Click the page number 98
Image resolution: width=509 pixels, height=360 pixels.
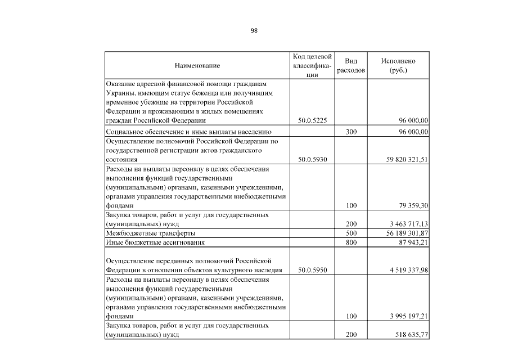pos(254,30)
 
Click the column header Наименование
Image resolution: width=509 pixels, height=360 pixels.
pos(197,66)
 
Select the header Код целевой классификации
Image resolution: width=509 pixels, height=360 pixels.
pos(313,66)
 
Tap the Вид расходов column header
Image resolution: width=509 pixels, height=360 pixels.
pos(352,66)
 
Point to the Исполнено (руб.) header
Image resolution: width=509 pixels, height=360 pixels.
pos(398,66)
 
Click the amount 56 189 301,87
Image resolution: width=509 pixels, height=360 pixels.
pos(402,233)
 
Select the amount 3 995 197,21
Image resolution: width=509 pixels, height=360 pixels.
pos(406,316)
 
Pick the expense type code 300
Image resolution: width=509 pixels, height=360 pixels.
pos(352,132)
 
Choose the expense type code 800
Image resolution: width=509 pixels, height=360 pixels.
pos(352,242)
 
